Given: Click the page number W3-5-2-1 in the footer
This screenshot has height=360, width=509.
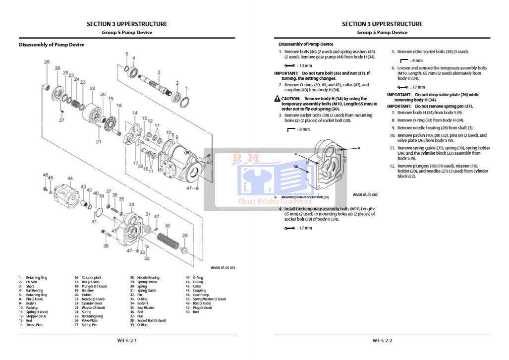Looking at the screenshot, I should [127, 341].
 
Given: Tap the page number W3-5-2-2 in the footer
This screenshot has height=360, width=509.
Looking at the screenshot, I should [382, 341].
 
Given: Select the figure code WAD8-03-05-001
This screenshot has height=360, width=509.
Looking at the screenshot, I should [223, 268].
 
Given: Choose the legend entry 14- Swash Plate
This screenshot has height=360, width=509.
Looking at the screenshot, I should [29, 325].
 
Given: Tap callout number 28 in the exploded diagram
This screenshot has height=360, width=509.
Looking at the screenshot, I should [47, 62].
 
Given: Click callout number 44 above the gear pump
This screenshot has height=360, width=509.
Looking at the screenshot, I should [70, 179].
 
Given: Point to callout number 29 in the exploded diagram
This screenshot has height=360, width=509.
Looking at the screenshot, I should [185, 235].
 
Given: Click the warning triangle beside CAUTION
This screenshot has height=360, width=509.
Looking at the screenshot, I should [277, 99].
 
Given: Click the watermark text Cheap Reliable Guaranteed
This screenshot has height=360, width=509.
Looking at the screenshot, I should [275, 202].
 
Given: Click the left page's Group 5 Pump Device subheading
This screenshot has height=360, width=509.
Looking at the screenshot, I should [127, 33].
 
